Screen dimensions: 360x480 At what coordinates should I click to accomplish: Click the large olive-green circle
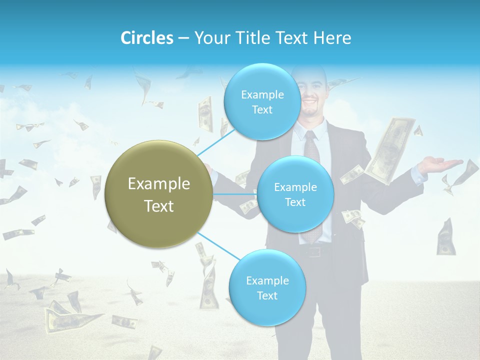(x=158, y=194)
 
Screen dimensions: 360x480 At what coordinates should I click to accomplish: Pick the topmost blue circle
(x=261, y=101)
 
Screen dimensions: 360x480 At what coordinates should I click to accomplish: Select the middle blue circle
(x=295, y=194)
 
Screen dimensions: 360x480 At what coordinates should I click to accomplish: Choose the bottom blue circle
(x=267, y=287)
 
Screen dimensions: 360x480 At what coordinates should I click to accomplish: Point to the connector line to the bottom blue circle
(x=217, y=245)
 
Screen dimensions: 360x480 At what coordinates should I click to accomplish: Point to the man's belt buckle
(x=314, y=251)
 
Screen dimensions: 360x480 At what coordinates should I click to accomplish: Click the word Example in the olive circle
(x=158, y=183)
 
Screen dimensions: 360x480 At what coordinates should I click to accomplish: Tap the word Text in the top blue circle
(x=262, y=109)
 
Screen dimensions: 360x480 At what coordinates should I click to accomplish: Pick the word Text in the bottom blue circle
(x=267, y=295)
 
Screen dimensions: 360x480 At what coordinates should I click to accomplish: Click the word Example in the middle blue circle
(x=295, y=187)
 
